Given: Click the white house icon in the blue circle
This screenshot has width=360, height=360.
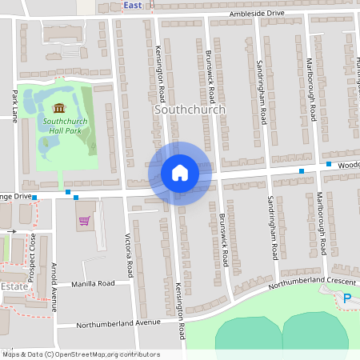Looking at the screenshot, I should click(x=179, y=173).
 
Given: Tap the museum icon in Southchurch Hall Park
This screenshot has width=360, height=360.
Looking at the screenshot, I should click(x=58, y=108).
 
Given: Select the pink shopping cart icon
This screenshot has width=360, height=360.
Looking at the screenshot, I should click(x=83, y=220).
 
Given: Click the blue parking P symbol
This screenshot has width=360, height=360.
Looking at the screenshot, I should click(x=347, y=299).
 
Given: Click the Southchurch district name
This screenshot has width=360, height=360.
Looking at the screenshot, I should click(x=189, y=110).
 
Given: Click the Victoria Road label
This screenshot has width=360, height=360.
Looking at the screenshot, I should click(x=128, y=255).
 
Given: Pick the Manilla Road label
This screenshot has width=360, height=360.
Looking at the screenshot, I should click(x=94, y=284).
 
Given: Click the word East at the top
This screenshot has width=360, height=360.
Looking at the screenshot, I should click(x=133, y=5).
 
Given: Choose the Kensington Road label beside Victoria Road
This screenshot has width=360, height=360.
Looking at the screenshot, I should click(x=181, y=309).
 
